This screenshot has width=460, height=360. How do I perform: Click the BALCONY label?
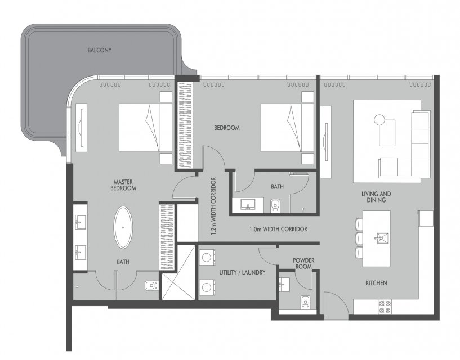point(100,50)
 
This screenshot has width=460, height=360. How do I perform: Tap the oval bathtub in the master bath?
point(123,227)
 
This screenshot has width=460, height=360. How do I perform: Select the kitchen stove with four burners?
point(385,307)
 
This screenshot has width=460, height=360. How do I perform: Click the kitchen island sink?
point(382,238)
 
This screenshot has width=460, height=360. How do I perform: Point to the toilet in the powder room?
point(305,302)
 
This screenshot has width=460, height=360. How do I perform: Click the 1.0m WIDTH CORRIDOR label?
point(278,229)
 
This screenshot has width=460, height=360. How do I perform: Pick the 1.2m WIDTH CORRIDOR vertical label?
point(213,206)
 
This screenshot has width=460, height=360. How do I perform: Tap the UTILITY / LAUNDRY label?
point(242,272)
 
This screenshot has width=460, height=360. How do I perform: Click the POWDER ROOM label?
point(303,263)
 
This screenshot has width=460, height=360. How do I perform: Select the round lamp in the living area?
point(379,120)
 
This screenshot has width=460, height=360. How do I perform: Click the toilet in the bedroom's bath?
point(275,205)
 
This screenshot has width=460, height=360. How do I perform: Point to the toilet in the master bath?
point(152,285)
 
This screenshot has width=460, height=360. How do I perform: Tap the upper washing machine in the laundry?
point(207,258)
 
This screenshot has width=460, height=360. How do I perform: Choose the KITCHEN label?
point(376,283)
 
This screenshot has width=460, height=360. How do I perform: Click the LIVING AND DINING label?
point(376,197)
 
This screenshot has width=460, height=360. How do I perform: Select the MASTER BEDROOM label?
point(123,185)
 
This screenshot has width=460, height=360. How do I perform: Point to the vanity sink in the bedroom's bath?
point(248,204)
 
